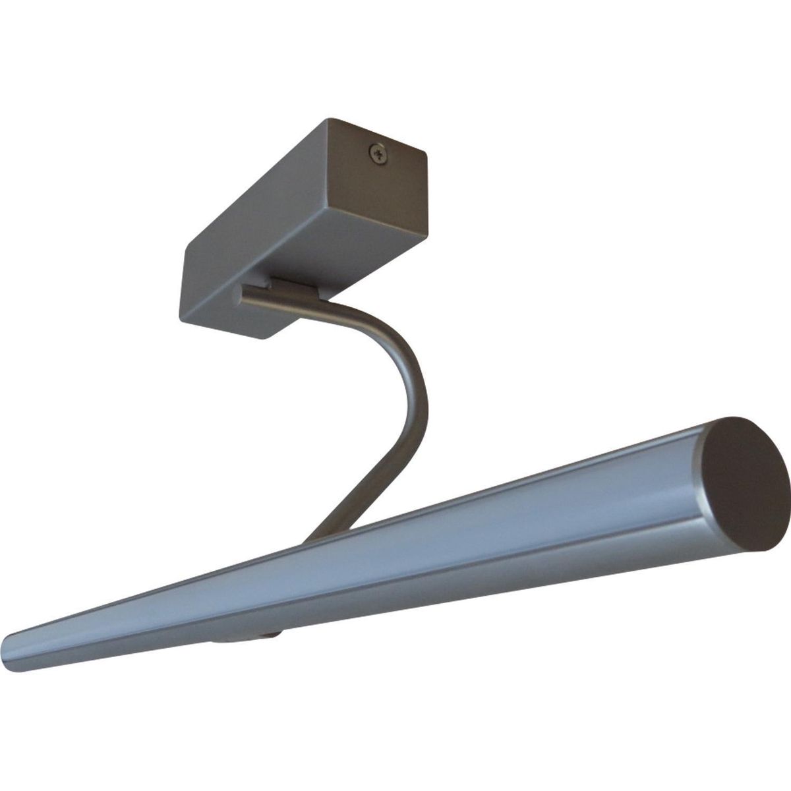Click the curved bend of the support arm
(402, 356)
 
